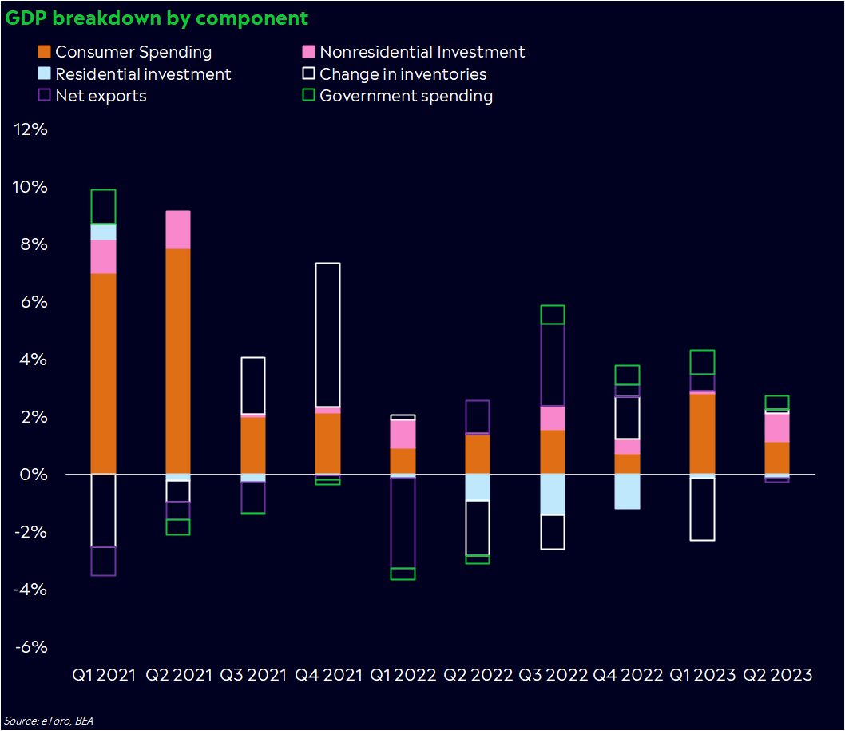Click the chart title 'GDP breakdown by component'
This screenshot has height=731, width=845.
point(157,18)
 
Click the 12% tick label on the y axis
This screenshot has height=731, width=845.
point(32,129)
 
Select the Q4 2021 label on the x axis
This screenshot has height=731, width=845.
point(328,675)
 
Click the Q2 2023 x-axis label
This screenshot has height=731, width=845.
point(778,675)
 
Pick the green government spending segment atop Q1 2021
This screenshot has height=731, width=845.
point(103,206)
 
